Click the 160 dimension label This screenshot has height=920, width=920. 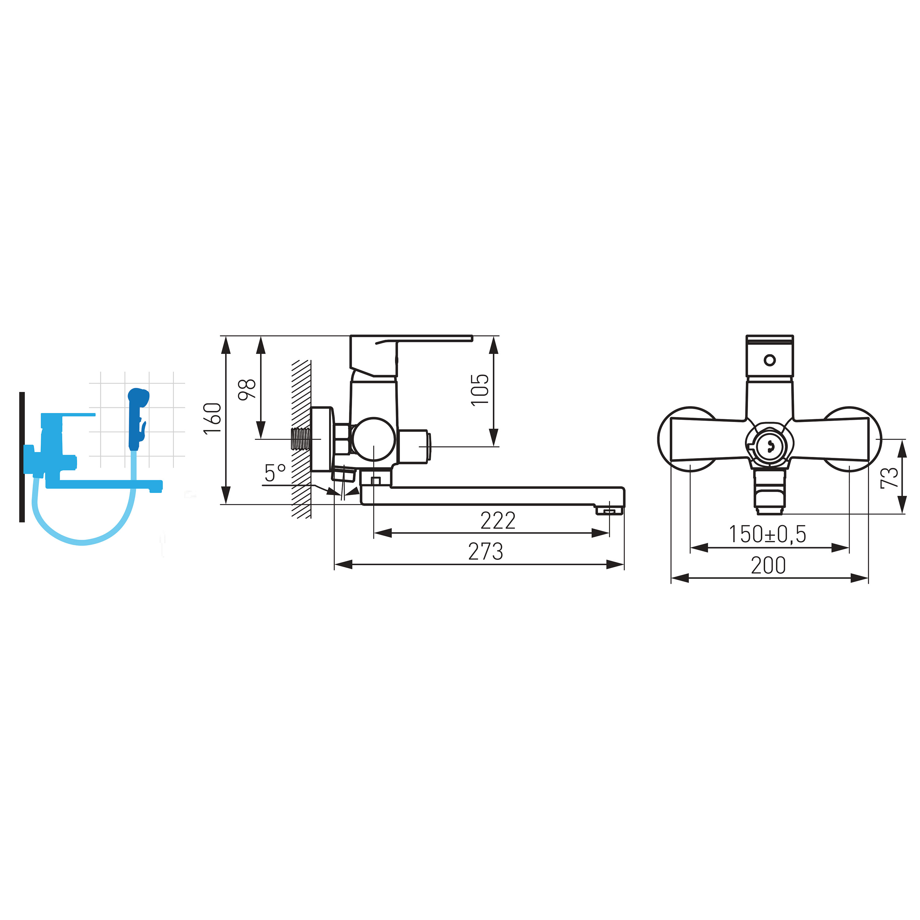[x=213, y=418]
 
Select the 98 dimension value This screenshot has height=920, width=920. [x=247, y=389]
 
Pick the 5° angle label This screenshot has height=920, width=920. [x=275, y=473]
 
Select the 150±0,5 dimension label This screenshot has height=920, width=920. [x=768, y=534]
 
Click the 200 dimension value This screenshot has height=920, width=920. [x=768, y=566]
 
